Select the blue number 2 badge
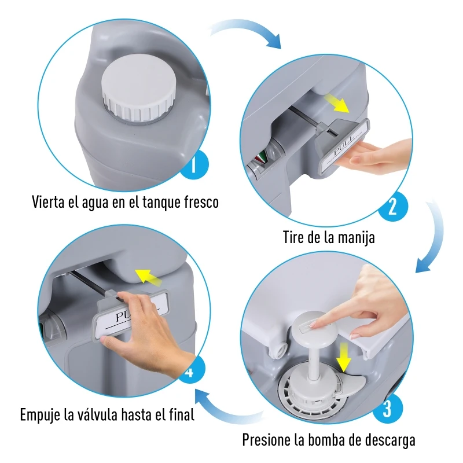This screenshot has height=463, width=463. pyautogui.click(x=393, y=207)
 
